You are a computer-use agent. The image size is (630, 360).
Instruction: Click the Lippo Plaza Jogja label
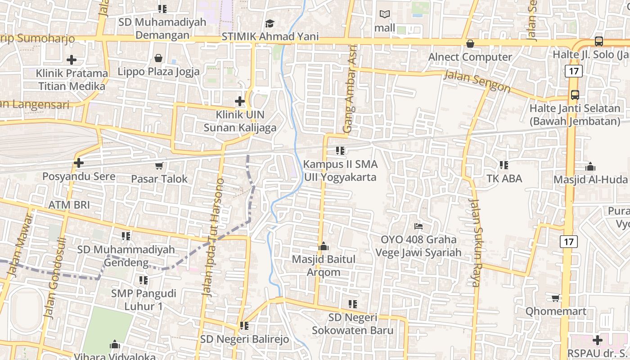tap(158, 72)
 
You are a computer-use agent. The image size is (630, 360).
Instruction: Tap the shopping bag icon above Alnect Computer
tap(470, 44)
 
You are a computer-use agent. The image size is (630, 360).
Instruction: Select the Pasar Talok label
tap(159, 179)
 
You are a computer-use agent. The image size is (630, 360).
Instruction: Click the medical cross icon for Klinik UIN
tap(240, 101)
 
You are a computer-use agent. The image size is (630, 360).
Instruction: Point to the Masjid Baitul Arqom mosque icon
tap(324, 246)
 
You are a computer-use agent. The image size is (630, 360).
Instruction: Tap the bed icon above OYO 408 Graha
tap(418, 226)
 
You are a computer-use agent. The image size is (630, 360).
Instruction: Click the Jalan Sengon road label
tap(477, 81)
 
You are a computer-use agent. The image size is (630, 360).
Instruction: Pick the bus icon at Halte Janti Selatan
tap(575, 95)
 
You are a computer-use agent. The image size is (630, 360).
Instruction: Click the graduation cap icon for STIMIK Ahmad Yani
tap(270, 23)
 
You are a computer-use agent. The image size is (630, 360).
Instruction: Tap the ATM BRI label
tap(69, 205)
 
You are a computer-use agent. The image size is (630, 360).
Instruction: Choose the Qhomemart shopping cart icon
tap(556, 298)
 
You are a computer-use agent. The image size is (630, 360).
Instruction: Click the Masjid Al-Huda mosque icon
tap(590, 166)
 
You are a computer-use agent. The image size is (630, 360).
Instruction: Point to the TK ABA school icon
tap(504, 165)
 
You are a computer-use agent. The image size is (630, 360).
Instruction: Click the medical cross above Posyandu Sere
tap(79, 162)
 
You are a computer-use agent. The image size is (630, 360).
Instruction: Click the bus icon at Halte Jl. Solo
tap(599, 41)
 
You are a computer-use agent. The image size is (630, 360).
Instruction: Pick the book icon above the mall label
tap(385, 14)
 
